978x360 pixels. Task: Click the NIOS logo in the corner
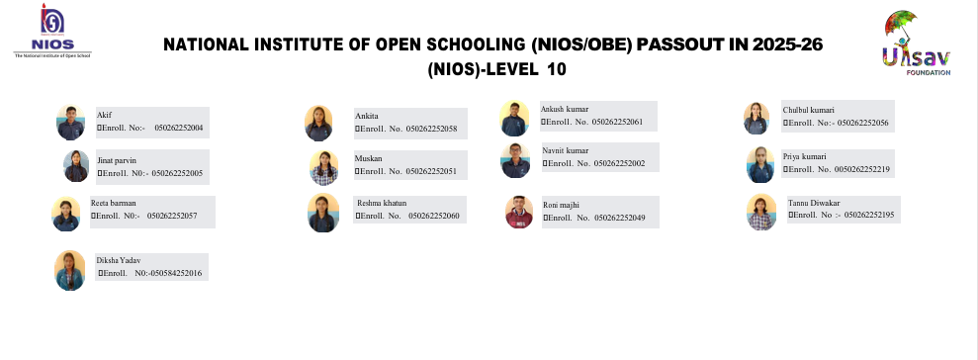click(52, 31)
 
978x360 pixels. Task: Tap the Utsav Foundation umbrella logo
click(917, 44)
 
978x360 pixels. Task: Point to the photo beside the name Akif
click(70, 123)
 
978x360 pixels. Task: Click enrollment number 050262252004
click(178, 128)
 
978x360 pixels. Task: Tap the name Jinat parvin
click(117, 160)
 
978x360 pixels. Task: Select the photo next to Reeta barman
click(65, 214)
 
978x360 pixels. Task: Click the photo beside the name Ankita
click(318, 123)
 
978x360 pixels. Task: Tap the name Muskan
click(369, 158)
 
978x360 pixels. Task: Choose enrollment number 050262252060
click(434, 216)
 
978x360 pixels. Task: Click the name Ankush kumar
click(565, 109)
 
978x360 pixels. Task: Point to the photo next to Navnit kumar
click(515, 160)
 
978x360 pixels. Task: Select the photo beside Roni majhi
click(519, 212)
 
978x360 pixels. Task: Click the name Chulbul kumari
click(808, 110)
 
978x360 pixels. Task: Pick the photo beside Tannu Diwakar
click(761, 212)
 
